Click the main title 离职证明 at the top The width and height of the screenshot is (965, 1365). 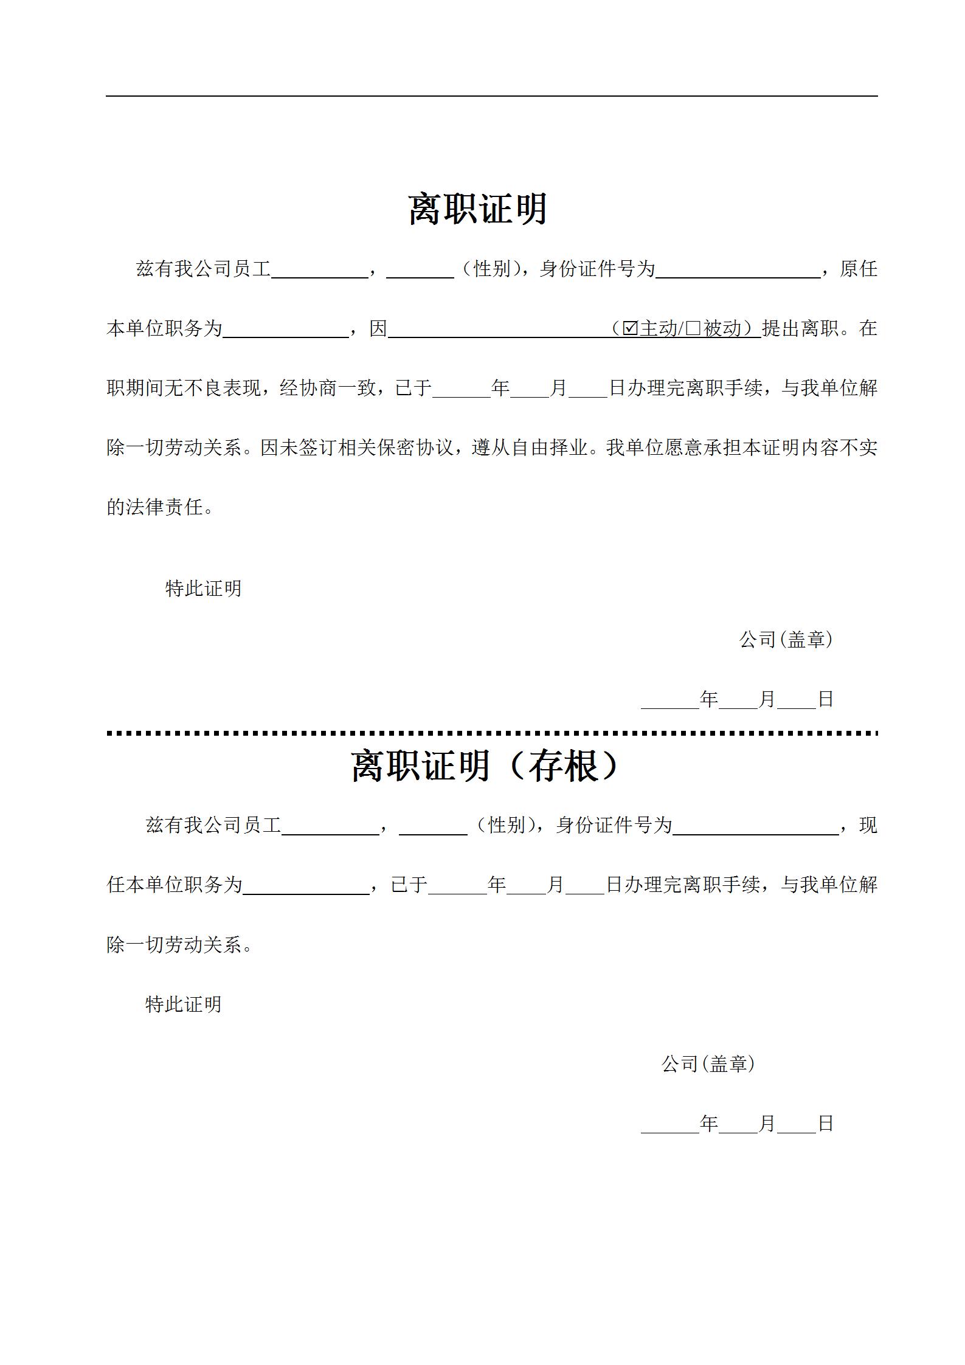click(477, 209)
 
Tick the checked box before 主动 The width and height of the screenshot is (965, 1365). click(631, 329)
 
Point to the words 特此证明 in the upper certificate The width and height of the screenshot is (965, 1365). click(203, 588)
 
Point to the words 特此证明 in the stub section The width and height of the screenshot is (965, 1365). click(183, 1004)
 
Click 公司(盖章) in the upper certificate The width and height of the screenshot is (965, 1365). click(785, 639)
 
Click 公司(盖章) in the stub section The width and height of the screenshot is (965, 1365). click(708, 1063)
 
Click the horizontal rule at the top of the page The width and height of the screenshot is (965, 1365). click(491, 96)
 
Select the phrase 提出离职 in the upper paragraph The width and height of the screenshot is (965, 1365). click(800, 328)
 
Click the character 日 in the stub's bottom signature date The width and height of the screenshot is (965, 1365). click(825, 1123)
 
